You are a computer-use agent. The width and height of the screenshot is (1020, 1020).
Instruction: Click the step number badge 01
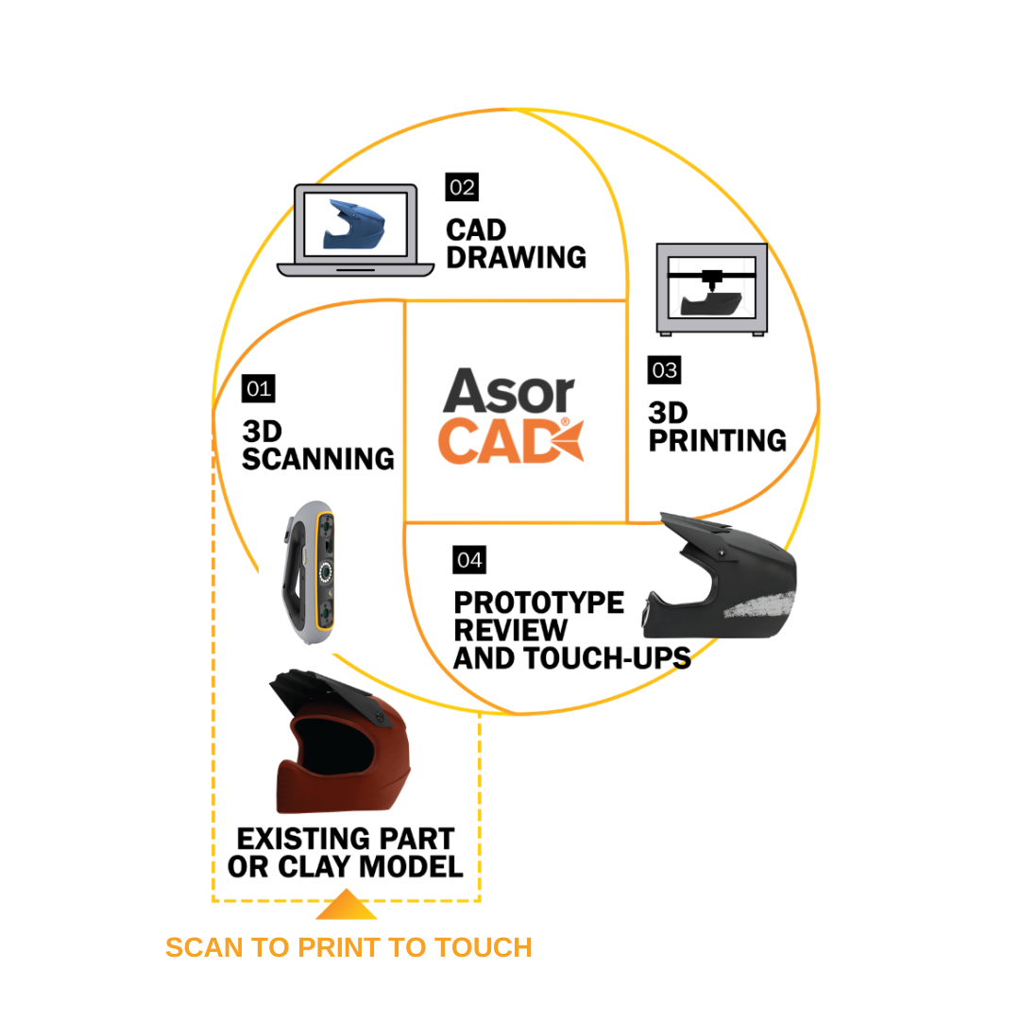259,388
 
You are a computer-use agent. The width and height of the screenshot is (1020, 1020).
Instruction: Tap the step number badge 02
462,186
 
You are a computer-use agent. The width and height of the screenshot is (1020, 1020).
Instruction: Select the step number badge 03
664,370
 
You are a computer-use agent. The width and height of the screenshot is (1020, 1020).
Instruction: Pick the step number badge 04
469,560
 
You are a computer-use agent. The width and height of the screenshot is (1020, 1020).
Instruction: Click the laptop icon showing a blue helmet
355,229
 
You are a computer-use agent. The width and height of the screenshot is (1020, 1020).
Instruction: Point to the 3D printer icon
711,288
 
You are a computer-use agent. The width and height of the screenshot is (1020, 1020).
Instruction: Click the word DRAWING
516,257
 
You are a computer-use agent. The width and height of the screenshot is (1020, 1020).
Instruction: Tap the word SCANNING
318,459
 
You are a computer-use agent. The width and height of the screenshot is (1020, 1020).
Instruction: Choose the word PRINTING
717,440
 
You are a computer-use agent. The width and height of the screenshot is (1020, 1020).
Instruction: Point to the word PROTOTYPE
538,603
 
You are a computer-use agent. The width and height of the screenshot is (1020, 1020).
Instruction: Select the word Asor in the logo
508,392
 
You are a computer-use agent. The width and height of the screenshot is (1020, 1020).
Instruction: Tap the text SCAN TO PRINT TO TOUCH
348,947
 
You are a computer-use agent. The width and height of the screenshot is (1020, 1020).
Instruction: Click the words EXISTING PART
345,839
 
